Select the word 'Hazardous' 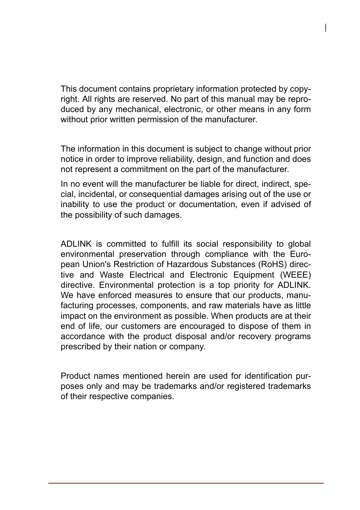[187, 264]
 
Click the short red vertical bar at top [326, 28]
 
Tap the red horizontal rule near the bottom [186, 483]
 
